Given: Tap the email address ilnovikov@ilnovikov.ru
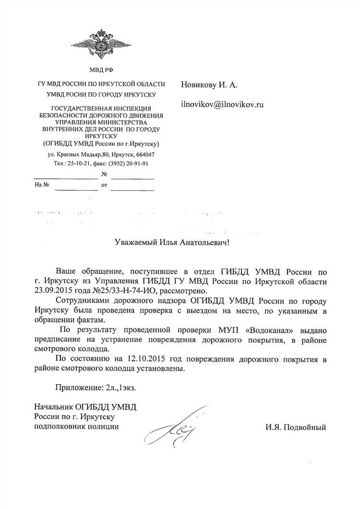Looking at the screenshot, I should click(222, 104).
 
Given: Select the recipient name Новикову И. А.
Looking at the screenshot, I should click(209, 85).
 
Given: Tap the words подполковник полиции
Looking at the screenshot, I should click(75, 425).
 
